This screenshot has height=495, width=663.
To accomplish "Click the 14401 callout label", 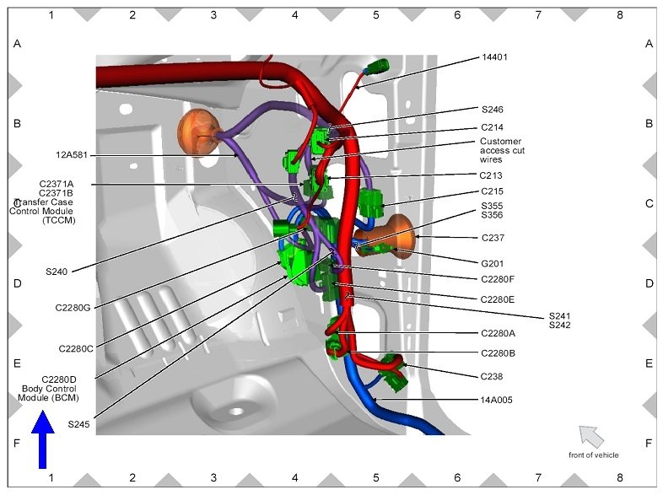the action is (x=494, y=57).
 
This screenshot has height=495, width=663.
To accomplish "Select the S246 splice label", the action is (x=492, y=110).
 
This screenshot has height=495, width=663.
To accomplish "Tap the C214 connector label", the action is (x=492, y=127).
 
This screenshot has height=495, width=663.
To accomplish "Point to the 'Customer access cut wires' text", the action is (x=502, y=150).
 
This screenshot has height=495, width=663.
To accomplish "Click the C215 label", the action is (x=492, y=191).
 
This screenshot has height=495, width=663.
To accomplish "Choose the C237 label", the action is (x=493, y=238).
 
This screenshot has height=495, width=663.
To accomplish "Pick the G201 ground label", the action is (x=492, y=264).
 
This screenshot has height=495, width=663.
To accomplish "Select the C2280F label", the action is (x=498, y=279).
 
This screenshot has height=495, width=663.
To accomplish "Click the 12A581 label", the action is (x=72, y=155).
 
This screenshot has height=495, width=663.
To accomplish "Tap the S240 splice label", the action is (x=57, y=272).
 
